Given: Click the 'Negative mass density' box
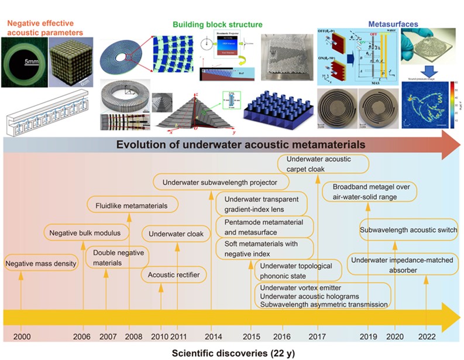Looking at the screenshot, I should point(41,264).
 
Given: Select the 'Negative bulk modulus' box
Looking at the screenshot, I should point(85,233).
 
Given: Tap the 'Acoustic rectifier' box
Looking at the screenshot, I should point(174,275).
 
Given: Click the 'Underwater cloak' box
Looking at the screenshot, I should point(176,234).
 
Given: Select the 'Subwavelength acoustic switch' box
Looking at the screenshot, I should point(408,229).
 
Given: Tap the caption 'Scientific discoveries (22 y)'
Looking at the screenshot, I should point(225,354).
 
